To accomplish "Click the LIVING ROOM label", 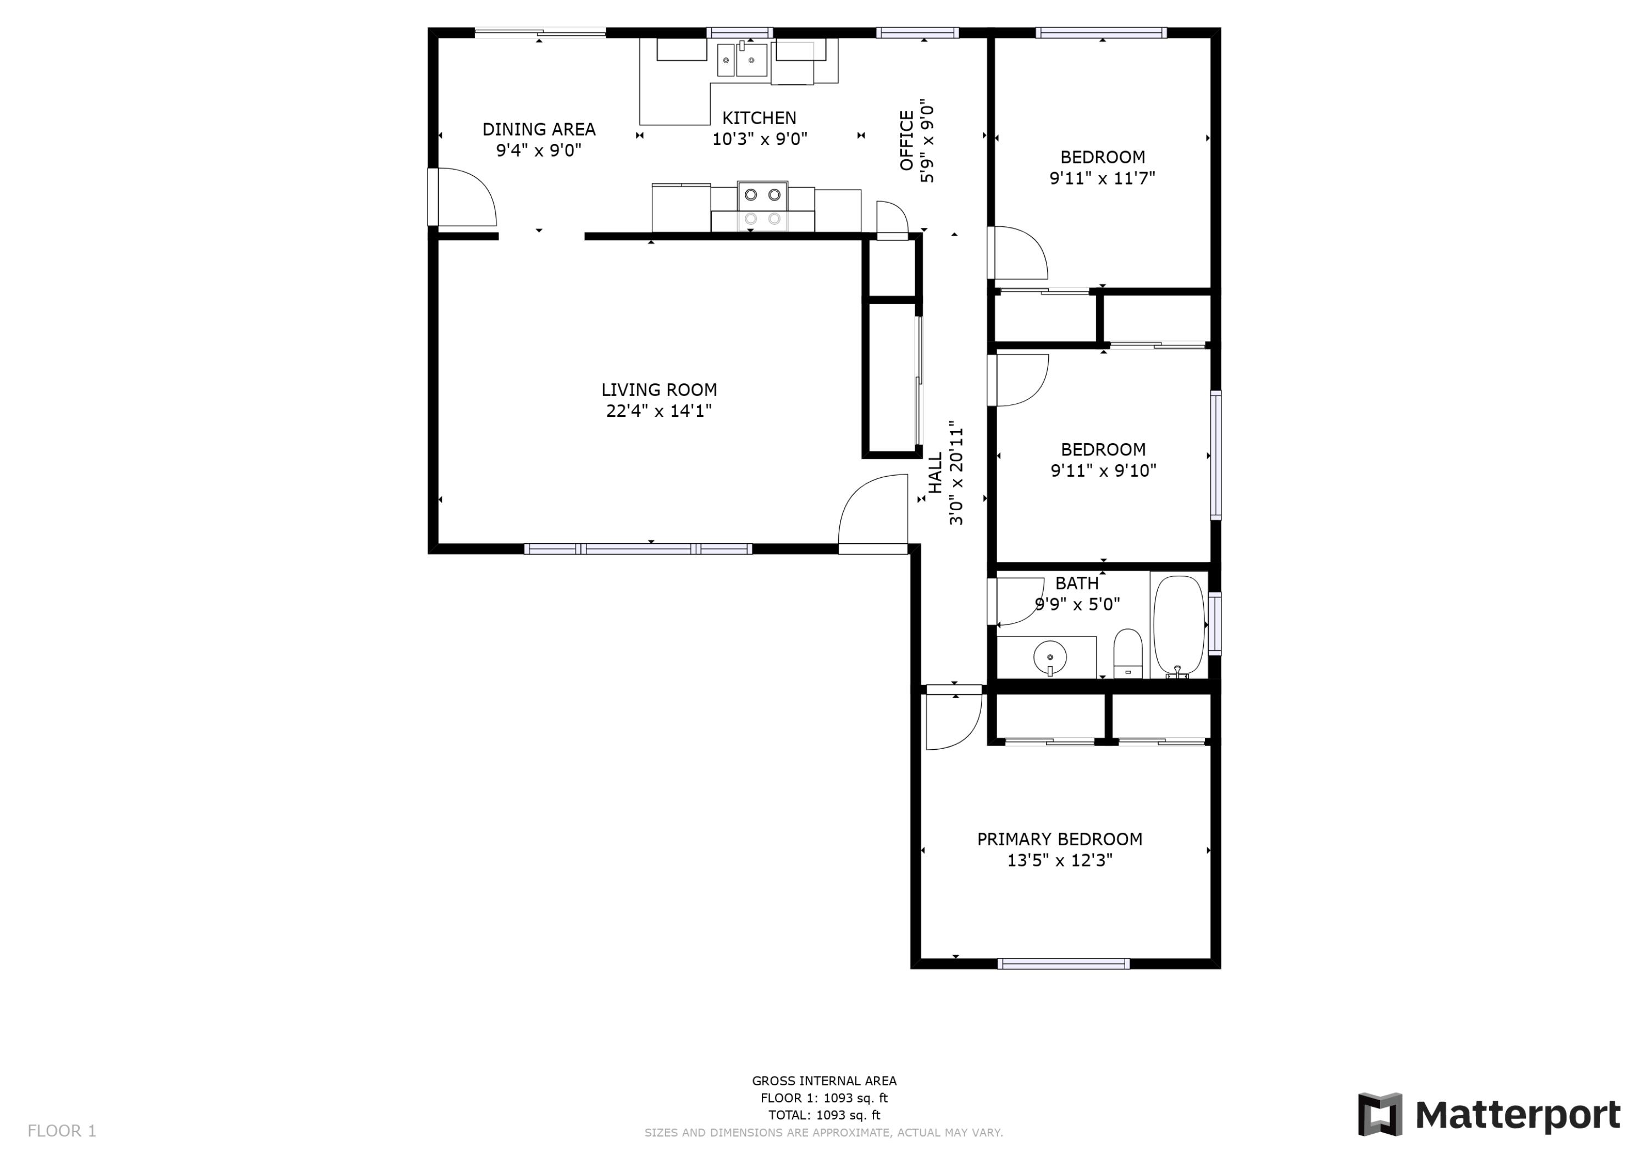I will point(659,390).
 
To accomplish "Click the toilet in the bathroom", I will point(1127,653).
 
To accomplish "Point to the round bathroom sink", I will point(1050,656).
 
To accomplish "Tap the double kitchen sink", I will point(743,59).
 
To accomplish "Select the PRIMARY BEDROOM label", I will point(1059,839).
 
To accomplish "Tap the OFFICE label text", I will point(906,141).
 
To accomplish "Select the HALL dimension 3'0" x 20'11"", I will point(956,472).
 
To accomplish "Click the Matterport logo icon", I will point(1379,1115).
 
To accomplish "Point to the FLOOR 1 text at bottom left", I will point(62,1131).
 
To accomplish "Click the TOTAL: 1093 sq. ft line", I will point(824,1115).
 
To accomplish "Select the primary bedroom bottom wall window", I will point(1063,964).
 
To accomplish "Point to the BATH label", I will point(1077,583).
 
